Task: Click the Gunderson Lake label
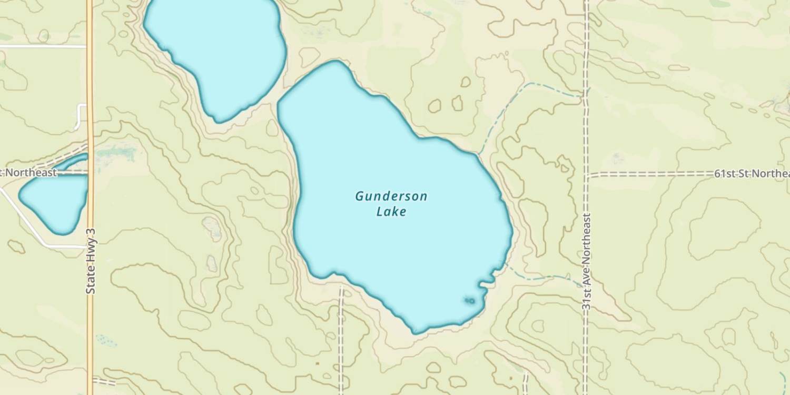point(391,204)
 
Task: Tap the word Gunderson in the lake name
point(391,196)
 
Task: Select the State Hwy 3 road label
point(90,261)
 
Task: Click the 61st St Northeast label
point(752,174)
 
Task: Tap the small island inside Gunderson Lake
point(469,301)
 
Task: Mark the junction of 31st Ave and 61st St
point(586,174)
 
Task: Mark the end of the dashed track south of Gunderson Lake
point(341,288)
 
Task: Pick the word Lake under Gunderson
point(391,212)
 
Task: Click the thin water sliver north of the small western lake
point(74,161)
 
